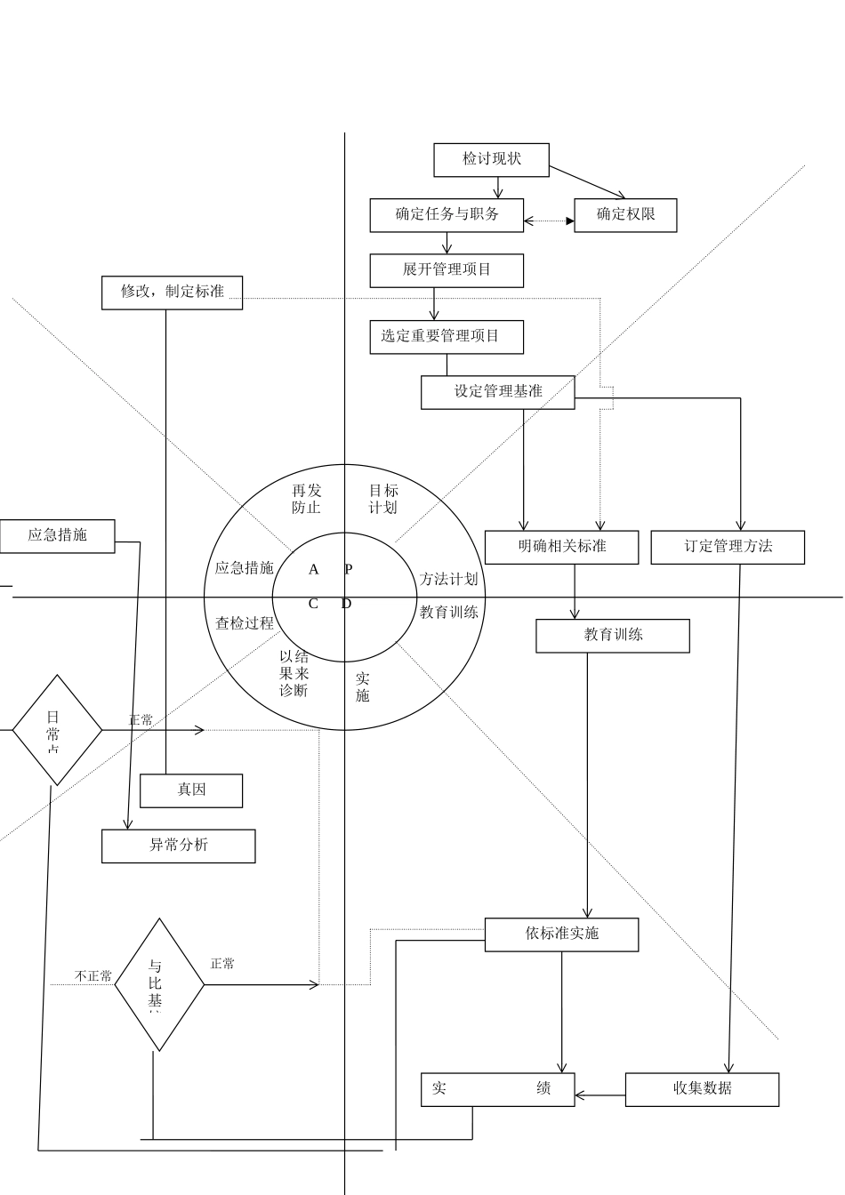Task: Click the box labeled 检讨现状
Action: click(491, 160)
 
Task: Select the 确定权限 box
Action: click(625, 215)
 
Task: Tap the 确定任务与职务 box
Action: click(447, 215)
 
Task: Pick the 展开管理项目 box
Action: click(447, 270)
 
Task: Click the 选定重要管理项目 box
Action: click(447, 337)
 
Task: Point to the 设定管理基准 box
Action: click(497, 392)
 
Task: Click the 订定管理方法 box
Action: click(728, 547)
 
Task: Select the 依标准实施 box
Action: click(561, 934)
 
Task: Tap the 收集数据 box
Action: click(702, 1089)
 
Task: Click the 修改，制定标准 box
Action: click(172, 293)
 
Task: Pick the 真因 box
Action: click(191, 790)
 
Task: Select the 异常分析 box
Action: click(178, 846)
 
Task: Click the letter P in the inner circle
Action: click(349, 570)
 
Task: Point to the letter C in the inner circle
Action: click(313, 605)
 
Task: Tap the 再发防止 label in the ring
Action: click(307, 499)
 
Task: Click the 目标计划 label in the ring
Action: click(383, 499)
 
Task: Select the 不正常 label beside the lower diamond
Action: click(93, 976)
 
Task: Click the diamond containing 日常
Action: click(57, 730)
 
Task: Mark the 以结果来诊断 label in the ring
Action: click(294, 674)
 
